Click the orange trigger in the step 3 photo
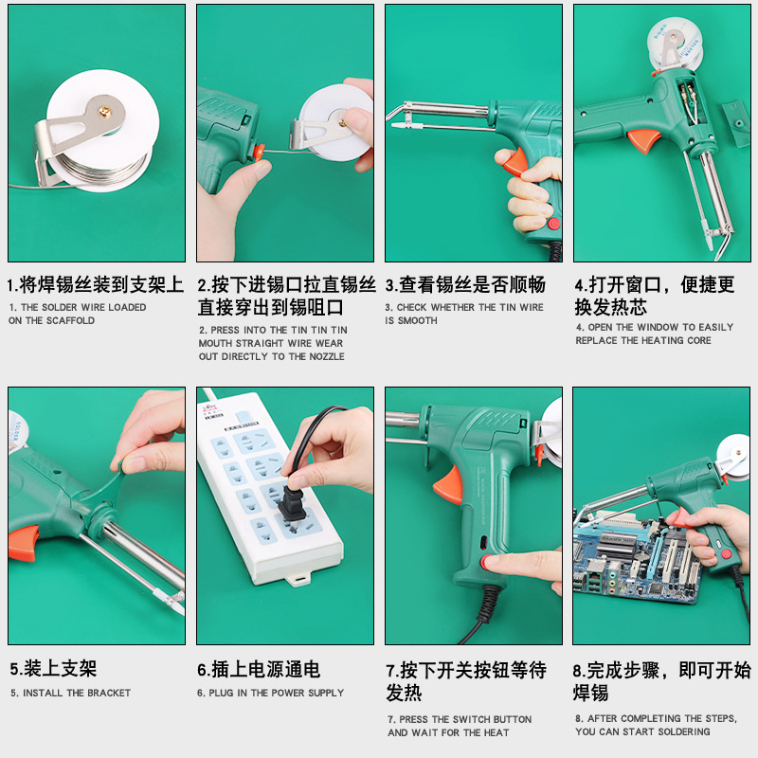[x=514, y=162]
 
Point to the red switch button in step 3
[x=554, y=224]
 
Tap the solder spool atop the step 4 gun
[x=674, y=43]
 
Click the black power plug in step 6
[x=292, y=502]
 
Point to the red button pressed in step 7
[x=485, y=562]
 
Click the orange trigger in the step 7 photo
[x=449, y=485]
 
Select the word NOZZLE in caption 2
[x=327, y=357]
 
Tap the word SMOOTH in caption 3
[x=418, y=320]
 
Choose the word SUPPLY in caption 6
[x=326, y=694]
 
